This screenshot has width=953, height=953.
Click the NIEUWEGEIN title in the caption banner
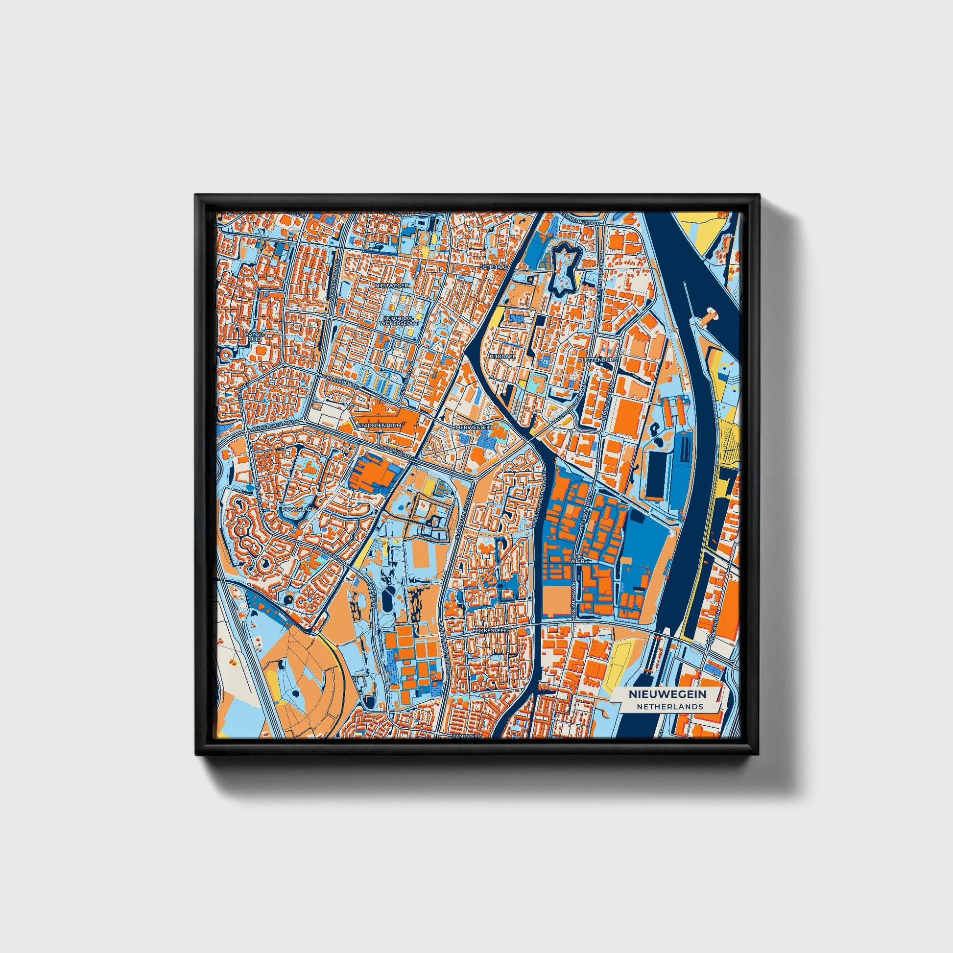[x=667, y=694]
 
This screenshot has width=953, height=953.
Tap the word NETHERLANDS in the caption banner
[x=669, y=706]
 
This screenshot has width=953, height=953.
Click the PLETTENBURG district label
[x=597, y=360]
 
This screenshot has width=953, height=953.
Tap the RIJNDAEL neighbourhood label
[x=501, y=355]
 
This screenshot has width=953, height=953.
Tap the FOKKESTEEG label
[x=486, y=630]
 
